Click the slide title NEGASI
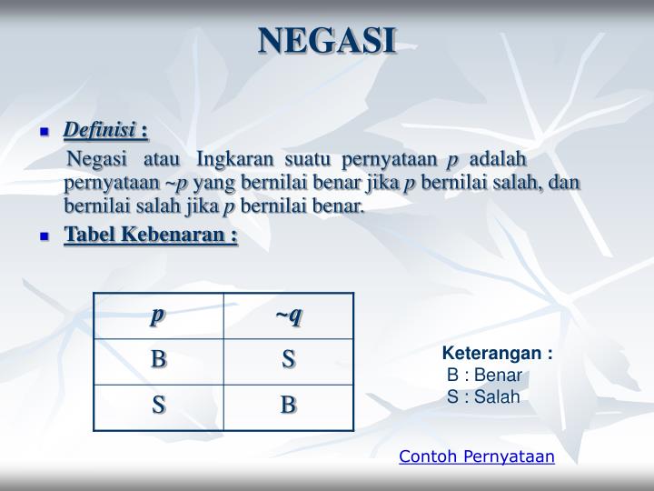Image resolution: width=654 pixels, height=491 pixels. pos(327,41)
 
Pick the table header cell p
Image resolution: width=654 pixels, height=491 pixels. pos(158,316)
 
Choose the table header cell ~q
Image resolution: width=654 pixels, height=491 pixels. pos(288,316)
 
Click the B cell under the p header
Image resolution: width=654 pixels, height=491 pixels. pos(158,360)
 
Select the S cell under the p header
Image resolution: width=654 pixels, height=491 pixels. pos(158,406)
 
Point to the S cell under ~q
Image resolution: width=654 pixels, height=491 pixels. pos(288,360)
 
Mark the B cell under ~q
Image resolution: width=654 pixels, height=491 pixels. pos(288,406)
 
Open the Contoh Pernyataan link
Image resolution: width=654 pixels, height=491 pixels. pos(476,456)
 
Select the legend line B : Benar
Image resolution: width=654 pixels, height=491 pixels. pos(486,376)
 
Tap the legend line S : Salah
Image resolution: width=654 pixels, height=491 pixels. pos(483,396)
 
